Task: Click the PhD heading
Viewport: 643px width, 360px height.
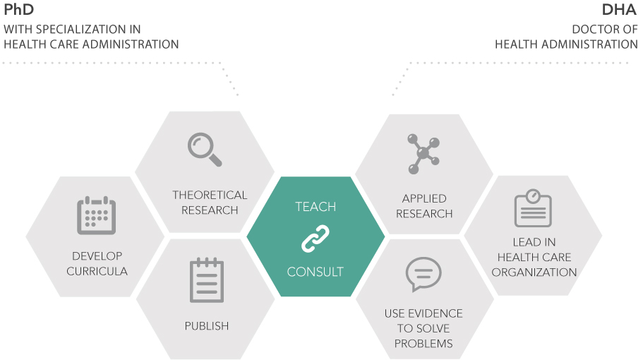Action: tap(19, 10)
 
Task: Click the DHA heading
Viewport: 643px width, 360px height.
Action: tap(619, 10)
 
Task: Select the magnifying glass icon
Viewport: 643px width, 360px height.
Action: tap(205, 149)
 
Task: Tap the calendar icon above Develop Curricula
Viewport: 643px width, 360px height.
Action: tap(96, 215)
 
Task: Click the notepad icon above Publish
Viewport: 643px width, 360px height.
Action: tap(207, 280)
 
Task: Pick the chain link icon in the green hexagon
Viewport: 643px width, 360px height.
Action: tap(315, 239)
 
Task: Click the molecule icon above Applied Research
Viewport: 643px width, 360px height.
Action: tap(423, 153)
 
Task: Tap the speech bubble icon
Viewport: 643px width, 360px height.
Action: tap(423, 275)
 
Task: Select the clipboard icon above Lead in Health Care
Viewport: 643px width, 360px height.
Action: tap(533, 208)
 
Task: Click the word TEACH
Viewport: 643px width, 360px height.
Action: tap(316, 207)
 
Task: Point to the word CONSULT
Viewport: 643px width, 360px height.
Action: tap(316, 272)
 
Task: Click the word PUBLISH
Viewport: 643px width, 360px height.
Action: tap(207, 326)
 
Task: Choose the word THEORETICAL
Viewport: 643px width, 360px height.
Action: tap(210, 195)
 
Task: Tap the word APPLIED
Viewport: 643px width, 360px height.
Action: tap(424, 199)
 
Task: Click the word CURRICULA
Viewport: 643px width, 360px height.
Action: tap(97, 271)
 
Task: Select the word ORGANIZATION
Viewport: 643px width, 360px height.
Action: tap(534, 272)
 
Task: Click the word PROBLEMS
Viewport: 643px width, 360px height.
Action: tap(423, 344)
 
